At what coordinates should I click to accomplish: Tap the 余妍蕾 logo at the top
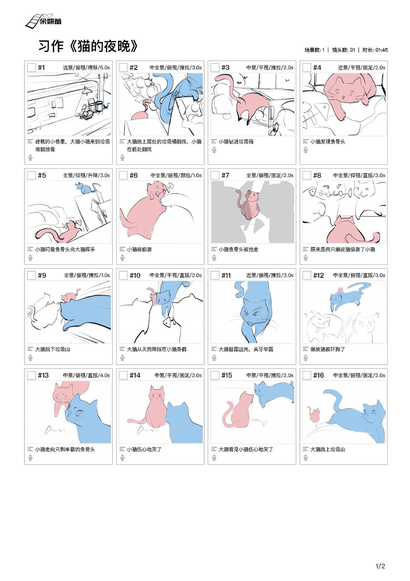pos(43,21)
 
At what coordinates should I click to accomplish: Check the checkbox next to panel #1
pos(31,67)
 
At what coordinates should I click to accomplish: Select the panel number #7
pos(225,175)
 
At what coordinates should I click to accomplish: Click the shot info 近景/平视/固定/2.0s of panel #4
pos(362,68)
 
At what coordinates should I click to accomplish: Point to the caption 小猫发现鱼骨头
pos(328,141)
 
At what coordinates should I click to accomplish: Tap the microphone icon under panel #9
pos(30,358)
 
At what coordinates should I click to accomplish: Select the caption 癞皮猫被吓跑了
pos(328,349)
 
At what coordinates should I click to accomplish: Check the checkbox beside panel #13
pos(31,375)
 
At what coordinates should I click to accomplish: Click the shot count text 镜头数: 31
pos(343,50)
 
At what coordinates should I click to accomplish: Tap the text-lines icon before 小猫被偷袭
pos(122,249)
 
